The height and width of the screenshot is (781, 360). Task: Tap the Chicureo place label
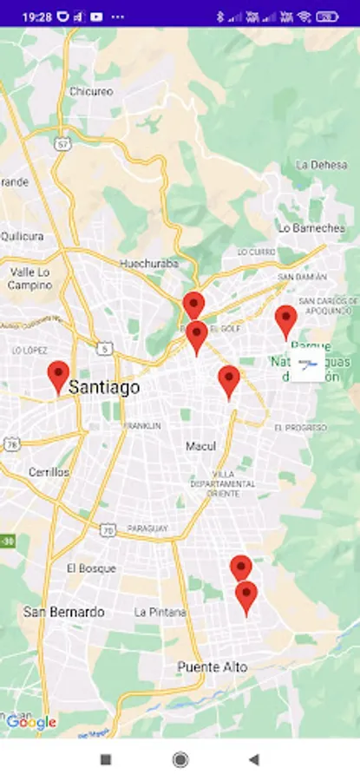[91, 91]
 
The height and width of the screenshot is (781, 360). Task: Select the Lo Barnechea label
[311, 228]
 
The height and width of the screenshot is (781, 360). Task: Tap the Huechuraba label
[148, 263]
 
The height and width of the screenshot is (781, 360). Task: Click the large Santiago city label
[104, 388]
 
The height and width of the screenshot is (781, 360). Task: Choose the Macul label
[200, 446]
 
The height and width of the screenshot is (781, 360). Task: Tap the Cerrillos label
[49, 472]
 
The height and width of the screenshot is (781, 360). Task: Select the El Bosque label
[91, 568]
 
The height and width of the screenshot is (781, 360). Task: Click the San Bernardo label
[63, 612]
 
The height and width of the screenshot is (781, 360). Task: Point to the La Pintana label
[160, 612]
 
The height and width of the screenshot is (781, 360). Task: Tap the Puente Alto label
[213, 667]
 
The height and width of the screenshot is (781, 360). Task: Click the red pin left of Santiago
[58, 377]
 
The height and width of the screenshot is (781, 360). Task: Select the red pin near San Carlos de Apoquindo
[286, 321]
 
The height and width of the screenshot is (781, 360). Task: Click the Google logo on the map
[31, 722]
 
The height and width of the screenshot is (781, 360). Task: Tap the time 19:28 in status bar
[36, 16]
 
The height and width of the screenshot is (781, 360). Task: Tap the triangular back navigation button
[253, 759]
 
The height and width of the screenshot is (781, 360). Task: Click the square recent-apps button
[106, 759]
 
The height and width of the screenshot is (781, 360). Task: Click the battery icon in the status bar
[327, 16]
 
